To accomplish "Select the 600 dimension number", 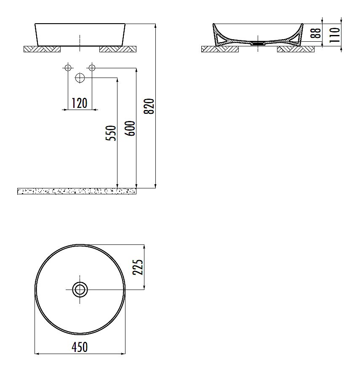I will [x=131, y=128].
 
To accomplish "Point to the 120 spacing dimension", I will [x=79, y=102].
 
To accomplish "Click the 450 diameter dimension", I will [x=80, y=347].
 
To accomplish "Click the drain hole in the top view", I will [x=80, y=290].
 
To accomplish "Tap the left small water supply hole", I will [x=67, y=67].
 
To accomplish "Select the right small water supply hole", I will [x=92, y=67].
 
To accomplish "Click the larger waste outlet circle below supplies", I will [x=80, y=78].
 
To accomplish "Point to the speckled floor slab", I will [x=77, y=191].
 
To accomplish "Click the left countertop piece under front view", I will [x=42, y=49].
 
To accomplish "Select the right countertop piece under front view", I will [x=118, y=49].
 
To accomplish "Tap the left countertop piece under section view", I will [x=220, y=49].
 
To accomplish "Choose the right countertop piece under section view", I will [x=296, y=49].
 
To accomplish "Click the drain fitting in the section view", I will [x=257, y=43].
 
